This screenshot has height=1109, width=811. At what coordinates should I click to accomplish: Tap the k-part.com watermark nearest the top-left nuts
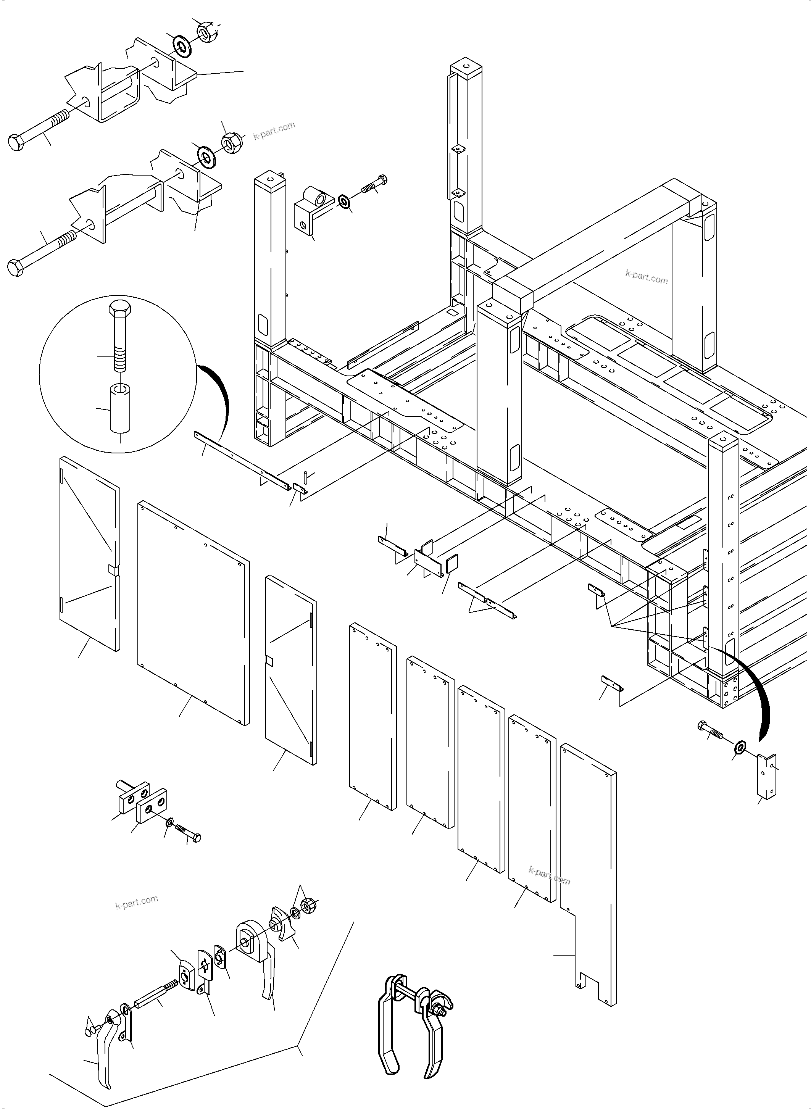point(274,130)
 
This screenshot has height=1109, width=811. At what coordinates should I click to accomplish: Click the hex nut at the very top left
point(204,32)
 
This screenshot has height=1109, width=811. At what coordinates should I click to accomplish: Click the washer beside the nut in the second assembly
point(205,156)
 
